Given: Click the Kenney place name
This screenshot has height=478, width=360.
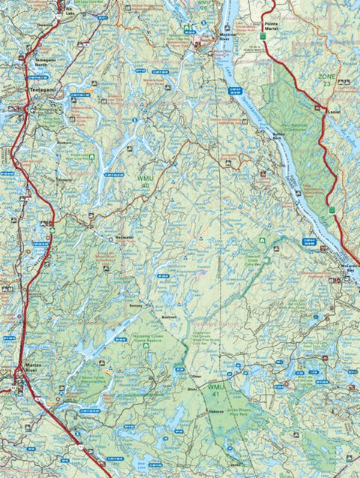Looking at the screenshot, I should pyautogui.click(x=136, y=306).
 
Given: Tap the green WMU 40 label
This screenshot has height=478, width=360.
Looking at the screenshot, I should pyautogui.click(x=143, y=181).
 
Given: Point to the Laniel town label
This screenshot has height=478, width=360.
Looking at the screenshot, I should pyautogui.click(x=334, y=113).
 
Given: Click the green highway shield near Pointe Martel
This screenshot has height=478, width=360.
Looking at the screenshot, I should pyautogui.click(x=264, y=35).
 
